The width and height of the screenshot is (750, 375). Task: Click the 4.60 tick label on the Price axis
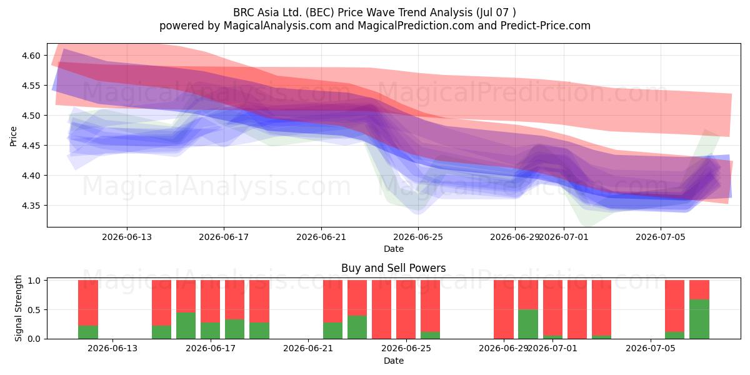click(31, 56)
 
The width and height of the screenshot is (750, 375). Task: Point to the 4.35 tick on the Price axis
click(31, 206)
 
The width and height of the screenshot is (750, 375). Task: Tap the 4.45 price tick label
click(31, 146)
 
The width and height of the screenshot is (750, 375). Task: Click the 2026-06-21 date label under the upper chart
click(321, 237)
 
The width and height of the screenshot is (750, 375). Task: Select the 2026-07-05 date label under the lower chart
click(651, 348)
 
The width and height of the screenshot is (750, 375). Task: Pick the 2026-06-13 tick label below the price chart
click(126, 237)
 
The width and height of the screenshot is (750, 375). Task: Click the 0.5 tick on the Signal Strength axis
click(34, 310)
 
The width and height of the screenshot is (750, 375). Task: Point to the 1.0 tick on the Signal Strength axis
click(34, 281)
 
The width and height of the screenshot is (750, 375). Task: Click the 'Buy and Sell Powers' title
click(393, 268)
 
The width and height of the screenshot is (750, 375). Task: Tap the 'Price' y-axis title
click(13, 136)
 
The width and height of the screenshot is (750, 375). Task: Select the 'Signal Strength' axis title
click(18, 308)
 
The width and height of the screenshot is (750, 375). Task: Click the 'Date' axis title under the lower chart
click(393, 361)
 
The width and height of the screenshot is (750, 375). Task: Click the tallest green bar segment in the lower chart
click(699, 319)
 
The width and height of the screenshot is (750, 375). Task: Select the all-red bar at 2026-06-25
click(406, 309)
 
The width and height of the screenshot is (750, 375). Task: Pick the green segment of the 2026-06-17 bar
click(210, 331)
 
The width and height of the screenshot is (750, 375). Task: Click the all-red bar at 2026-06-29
click(504, 309)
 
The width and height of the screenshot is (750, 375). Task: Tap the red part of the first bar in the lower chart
click(88, 302)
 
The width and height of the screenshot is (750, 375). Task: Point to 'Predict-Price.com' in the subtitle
click(546, 26)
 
